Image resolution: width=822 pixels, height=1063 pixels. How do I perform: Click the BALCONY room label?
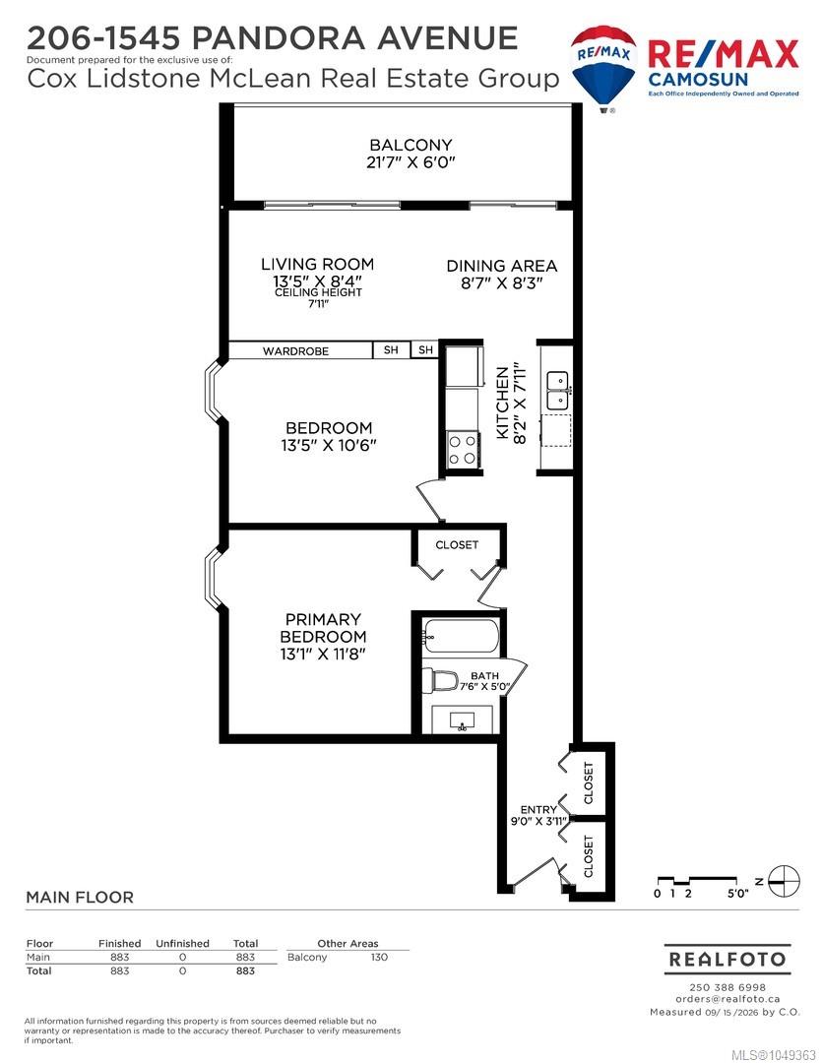pos(411,145)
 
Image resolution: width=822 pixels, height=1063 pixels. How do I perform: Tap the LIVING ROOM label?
pos(317,264)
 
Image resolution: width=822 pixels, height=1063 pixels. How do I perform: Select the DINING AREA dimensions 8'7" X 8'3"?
pos(502,283)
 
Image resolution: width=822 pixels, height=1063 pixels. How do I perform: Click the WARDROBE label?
pos(295,351)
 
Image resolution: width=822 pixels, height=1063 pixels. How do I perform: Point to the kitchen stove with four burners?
pos(462,450)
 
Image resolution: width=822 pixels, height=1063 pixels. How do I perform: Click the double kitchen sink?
pos(558,390)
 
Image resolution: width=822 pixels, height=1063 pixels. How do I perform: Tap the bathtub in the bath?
pos(462,635)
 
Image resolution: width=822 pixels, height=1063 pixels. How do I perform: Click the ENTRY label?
pos(538,809)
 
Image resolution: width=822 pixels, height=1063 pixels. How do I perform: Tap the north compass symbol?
pos(786,881)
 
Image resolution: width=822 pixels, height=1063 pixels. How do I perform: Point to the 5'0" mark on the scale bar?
pos(738,894)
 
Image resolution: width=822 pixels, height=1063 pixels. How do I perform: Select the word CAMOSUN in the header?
pos(698,79)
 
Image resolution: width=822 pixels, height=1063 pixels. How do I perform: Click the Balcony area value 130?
pos(379,958)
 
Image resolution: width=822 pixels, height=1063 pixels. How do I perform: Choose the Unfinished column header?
pos(182,943)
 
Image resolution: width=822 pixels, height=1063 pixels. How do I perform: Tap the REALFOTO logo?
pos(727,960)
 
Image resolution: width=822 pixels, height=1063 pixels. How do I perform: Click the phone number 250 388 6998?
pos(727,987)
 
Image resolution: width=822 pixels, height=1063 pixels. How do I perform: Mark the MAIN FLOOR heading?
pos(80,898)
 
